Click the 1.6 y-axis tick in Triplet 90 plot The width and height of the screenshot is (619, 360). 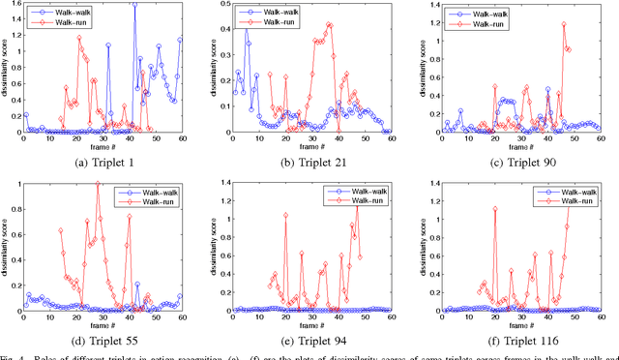431,6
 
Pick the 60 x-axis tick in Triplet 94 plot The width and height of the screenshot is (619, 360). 390,320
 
